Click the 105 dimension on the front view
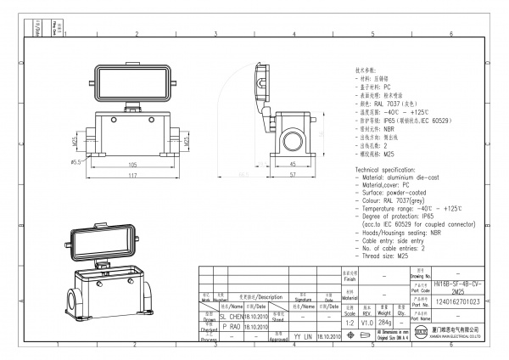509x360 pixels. pos(132,164)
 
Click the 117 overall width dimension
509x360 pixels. pos(132,176)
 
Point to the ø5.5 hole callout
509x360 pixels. pos(75,160)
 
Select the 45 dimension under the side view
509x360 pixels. pos(292,164)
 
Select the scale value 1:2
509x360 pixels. pos(349,323)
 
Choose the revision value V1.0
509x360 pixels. pos(367,323)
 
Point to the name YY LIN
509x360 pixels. pos(302,337)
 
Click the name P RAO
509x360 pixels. pos(230,326)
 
